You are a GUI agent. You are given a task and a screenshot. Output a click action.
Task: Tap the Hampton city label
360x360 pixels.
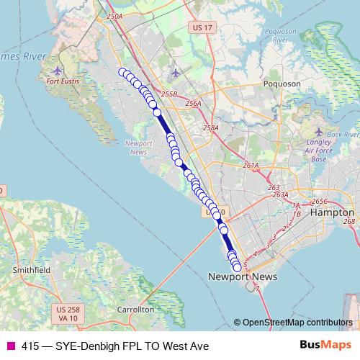331,213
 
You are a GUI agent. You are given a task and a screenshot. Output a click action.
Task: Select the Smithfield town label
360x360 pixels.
31,269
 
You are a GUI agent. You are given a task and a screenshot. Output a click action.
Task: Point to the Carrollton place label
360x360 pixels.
135,309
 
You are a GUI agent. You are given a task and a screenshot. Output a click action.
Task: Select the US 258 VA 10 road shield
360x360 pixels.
66,313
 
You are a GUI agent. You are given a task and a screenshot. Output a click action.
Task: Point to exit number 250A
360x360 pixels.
114,15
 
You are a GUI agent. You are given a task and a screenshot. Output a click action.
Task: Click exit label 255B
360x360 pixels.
168,94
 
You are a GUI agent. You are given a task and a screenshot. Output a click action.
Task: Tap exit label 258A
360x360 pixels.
210,128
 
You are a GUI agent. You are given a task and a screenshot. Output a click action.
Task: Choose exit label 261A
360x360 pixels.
251,166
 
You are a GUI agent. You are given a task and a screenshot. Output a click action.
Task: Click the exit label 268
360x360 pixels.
349,221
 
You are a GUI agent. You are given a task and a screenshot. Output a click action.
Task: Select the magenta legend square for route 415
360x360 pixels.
11,346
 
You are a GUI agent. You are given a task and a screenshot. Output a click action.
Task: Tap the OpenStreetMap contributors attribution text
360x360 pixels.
297,323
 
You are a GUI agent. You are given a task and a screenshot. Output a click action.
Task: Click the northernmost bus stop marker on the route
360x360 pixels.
122,71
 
